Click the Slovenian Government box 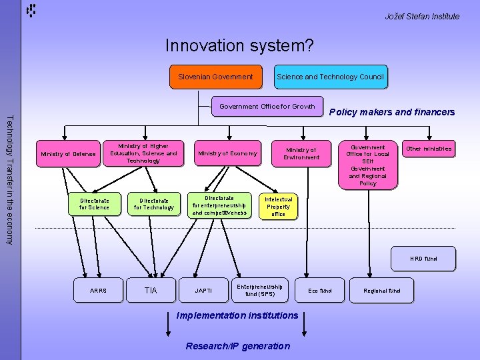pos(215,77)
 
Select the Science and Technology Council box pos(330,77)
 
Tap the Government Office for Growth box pos(267,106)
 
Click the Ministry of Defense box pos(68,154)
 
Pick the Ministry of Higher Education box pos(143,153)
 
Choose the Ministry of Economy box pos(227,154)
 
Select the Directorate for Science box pos(94,203)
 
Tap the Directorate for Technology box pos(153,203)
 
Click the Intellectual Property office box pos(278,207)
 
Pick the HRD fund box pos(423,259)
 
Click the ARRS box pos(97,291)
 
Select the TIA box pos(151,291)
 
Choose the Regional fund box pos(381,291)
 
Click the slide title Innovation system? pos(239,45)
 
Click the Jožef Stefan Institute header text pos(422,16)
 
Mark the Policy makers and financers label pos(392,112)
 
